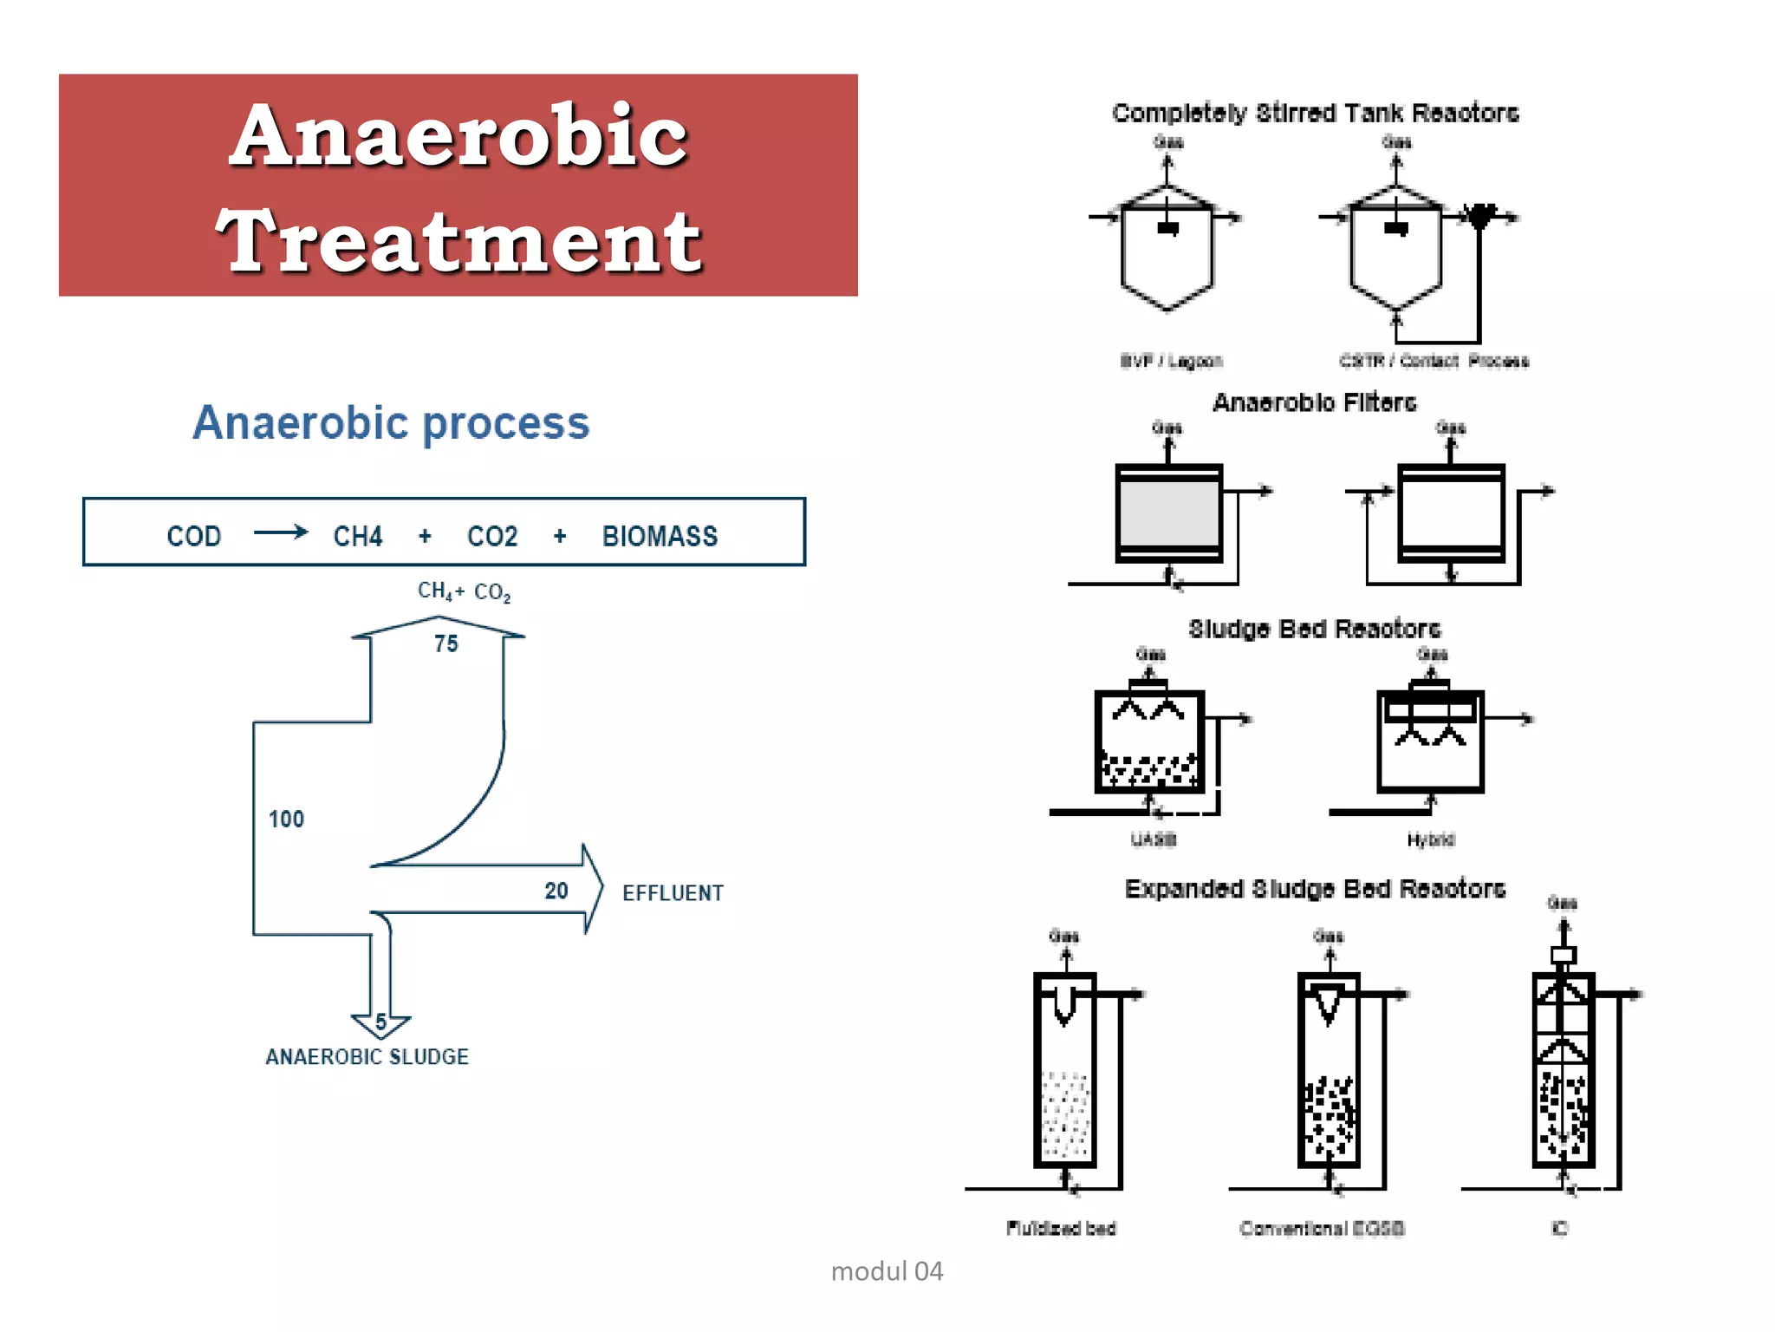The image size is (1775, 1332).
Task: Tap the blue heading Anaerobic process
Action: click(x=391, y=423)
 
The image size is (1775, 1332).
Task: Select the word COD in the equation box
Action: click(x=193, y=536)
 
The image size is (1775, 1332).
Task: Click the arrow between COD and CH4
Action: click(x=280, y=532)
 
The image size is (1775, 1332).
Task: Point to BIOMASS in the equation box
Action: click(x=660, y=536)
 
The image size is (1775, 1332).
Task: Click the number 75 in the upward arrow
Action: click(x=445, y=643)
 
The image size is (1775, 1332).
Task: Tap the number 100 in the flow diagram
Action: click(x=286, y=819)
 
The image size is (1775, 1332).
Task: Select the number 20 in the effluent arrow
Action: click(x=556, y=891)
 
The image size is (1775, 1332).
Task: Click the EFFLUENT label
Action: click(x=673, y=893)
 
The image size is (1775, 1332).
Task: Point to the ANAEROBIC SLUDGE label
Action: click(x=367, y=1056)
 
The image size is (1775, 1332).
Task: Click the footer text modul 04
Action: click(x=887, y=1271)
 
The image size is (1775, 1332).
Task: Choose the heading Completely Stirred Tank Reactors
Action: click(x=1315, y=114)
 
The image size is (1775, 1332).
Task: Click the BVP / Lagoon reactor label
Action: click(x=1171, y=361)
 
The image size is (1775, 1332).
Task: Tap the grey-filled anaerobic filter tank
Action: click(x=1168, y=512)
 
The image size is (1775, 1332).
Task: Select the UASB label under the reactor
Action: click(x=1153, y=839)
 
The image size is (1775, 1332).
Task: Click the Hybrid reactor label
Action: click(x=1430, y=839)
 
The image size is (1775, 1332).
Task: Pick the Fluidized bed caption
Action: click(x=1061, y=1228)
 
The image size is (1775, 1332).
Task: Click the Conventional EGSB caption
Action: click(x=1322, y=1228)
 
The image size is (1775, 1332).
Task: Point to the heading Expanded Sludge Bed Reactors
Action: click(x=1315, y=889)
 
